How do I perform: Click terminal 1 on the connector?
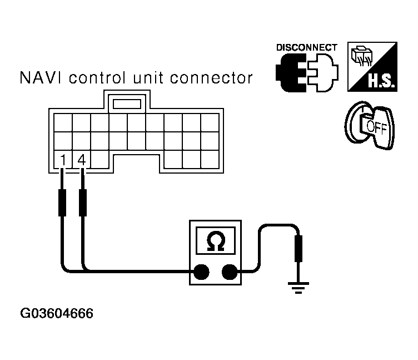tap(63, 161)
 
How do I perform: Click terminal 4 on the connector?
tap(82, 161)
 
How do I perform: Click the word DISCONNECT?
tap(306, 47)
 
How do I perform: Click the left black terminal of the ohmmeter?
tap(201, 272)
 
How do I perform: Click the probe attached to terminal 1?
tap(63, 203)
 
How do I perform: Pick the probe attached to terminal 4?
tap(83, 203)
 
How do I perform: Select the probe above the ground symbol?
tap(298, 248)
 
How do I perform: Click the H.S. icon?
tap(371, 67)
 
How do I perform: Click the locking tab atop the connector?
tap(127, 103)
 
